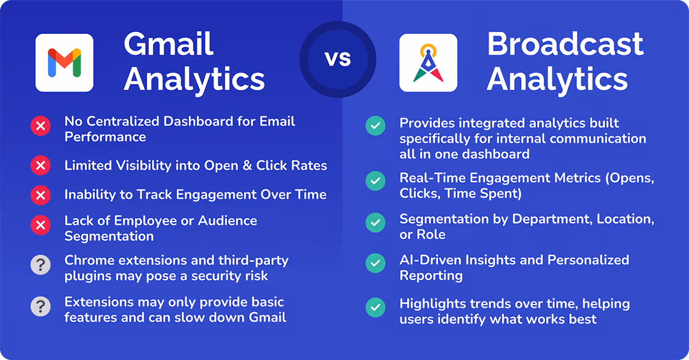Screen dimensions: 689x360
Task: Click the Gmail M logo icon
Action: tap(64, 62)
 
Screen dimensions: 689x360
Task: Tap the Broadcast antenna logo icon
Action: tap(428, 62)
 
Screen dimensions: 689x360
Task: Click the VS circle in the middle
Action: tap(338, 59)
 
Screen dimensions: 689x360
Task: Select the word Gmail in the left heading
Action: tap(169, 44)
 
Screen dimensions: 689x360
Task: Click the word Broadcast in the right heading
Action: tap(565, 44)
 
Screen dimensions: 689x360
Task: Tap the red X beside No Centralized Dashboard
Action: tap(41, 126)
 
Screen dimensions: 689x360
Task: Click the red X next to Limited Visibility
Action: tap(41, 166)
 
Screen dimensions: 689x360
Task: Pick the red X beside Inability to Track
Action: tap(41, 194)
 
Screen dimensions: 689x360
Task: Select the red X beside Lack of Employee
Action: tap(41, 225)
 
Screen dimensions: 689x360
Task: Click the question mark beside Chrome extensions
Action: tap(41, 265)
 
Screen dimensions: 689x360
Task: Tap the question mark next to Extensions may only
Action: tap(41, 306)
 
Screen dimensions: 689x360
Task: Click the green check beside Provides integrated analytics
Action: tap(375, 126)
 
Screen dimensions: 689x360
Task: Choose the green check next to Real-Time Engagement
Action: tap(375, 181)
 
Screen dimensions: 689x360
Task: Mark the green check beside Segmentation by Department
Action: tap(375, 222)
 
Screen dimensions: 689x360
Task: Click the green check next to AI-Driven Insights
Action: tap(375, 263)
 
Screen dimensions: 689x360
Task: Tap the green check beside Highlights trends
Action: tap(375, 307)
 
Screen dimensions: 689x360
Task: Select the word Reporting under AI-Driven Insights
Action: tap(431, 276)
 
